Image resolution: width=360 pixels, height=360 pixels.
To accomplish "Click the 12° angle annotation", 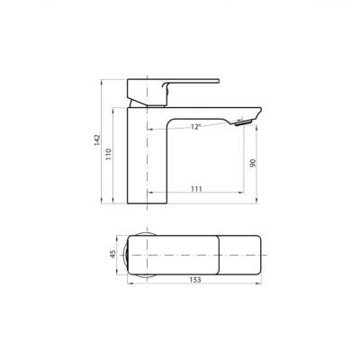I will [x=195, y=128].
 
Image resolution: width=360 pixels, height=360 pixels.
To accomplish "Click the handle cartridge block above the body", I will [x=144, y=90].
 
